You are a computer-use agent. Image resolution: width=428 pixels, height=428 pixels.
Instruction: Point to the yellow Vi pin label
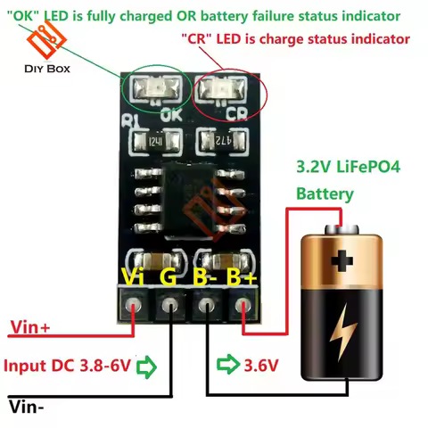click(x=133, y=278)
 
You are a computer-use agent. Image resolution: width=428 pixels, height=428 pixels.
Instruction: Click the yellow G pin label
click(x=169, y=278)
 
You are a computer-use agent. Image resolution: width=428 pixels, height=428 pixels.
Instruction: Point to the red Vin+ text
click(x=30, y=328)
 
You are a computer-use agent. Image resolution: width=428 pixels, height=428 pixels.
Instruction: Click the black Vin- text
click(x=28, y=407)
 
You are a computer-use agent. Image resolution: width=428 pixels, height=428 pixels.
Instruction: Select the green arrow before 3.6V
click(x=228, y=366)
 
